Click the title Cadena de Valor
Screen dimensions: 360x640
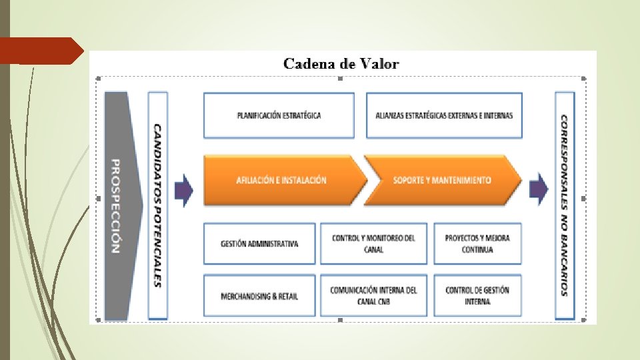(341, 64)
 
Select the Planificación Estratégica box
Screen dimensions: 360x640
(279, 115)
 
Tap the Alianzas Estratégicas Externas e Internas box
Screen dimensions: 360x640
(444, 115)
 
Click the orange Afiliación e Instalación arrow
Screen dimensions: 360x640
(281, 180)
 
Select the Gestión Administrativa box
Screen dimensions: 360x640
(259, 243)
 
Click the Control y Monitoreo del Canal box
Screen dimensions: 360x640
(373, 243)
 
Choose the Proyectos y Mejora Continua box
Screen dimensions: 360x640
(477, 243)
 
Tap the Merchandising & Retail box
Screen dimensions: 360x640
(259, 296)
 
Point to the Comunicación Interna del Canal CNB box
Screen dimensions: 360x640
(373, 295)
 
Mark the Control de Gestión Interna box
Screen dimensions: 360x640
(477, 295)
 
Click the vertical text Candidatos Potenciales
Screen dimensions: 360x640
(158, 205)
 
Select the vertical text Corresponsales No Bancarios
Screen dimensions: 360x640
(565, 205)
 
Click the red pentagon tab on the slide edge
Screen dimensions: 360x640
(40, 51)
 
